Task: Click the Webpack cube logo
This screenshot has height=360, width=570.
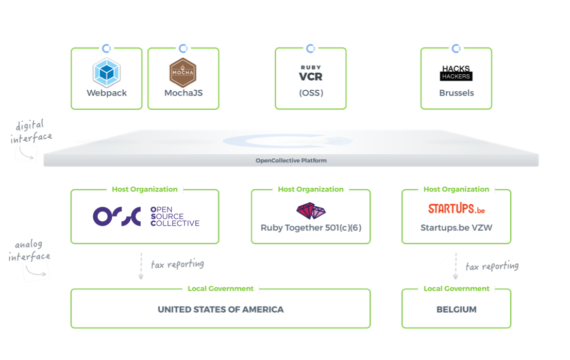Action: pos(107,73)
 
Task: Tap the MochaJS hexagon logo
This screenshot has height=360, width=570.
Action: pos(183,73)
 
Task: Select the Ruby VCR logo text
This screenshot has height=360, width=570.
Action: pos(311,74)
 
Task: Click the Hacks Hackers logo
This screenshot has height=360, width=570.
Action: pos(456,73)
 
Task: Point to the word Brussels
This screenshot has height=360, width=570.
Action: pos(456,93)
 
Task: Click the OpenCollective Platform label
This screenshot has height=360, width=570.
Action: pos(291,160)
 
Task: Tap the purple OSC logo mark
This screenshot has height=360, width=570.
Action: pos(117,217)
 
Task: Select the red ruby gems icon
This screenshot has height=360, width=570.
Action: pos(311,210)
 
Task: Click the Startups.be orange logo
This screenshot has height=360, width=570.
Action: pos(456,209)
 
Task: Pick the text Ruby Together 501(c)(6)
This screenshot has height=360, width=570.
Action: pos(311,227)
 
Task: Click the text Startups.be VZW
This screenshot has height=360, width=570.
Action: pos(456,227)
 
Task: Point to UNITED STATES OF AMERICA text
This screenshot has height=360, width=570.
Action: pos(221,309)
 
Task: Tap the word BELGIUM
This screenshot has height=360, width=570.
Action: pos(456,309)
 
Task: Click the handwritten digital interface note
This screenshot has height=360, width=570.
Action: pos(31,132)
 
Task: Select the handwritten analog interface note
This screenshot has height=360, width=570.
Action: pos(29,251)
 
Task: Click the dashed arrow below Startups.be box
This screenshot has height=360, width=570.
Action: pos(456,266)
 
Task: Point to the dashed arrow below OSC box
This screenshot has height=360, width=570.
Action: pos(141,266)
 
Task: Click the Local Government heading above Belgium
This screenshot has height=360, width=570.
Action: pos(456,288)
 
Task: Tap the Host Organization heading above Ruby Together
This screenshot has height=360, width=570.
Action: pos(310,189)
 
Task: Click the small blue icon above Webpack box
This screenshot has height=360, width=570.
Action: pos(107,48)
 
